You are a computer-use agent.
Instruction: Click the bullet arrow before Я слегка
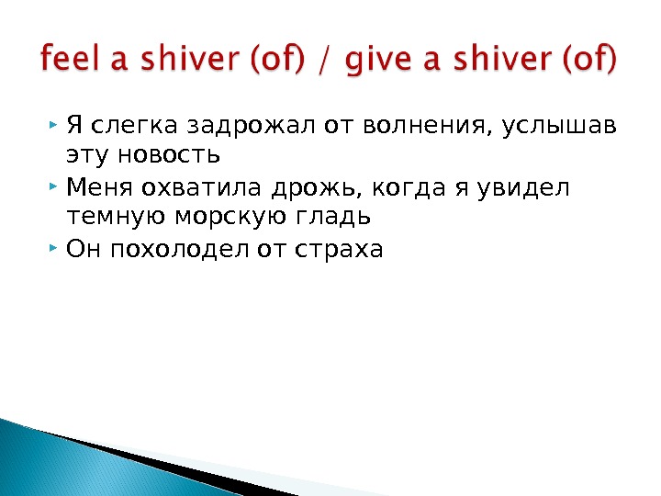pos(57,122)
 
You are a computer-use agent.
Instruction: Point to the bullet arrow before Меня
pos(57,187)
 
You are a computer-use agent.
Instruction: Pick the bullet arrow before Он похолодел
pos(57,249)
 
